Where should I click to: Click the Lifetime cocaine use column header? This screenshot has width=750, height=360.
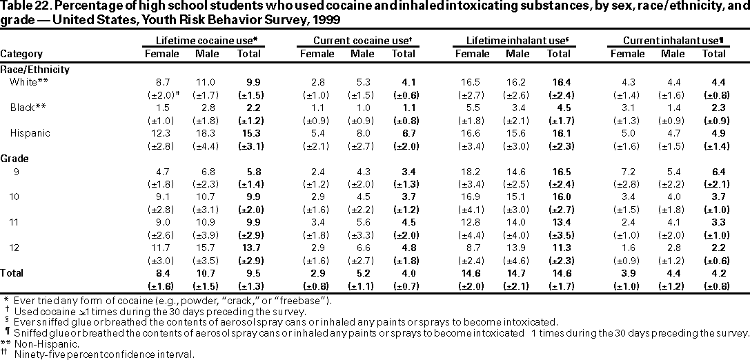pyautogui.click(x=202, y=41)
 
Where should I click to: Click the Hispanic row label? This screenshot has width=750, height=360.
pyautogui.click(x=28, y=133)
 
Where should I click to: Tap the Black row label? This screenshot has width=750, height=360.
pyautogui.click(x=24, y=107)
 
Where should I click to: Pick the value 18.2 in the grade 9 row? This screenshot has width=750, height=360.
pyautogui.click(x=472, y=171)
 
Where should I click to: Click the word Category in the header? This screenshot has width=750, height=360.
pyautogui.click(x=21, y=54)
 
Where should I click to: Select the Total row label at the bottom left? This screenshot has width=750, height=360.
pyautogui.click(x=12, y=274)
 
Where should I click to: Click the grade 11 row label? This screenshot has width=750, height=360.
pyautogui.click(x=15, y=222)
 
